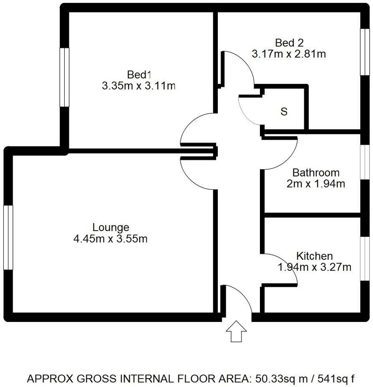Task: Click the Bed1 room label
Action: [x=139, y=75]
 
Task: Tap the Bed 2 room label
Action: [x=289, y=43]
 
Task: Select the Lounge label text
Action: [x=111, y=228]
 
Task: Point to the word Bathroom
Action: [x=316, y=173]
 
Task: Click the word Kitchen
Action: [x=315, y=256]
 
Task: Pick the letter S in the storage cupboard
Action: [x=284, y=112]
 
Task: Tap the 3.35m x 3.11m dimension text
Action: [x=139, y=86]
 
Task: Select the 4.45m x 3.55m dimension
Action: [x=111, y=239]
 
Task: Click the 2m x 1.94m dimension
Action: [x=316, y=184]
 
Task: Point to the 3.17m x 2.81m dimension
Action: [x=289, y=54]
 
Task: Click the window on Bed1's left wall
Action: [x=64, y=77]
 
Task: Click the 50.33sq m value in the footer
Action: [x=278, y=379]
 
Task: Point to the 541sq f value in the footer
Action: [x=333, y=379]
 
